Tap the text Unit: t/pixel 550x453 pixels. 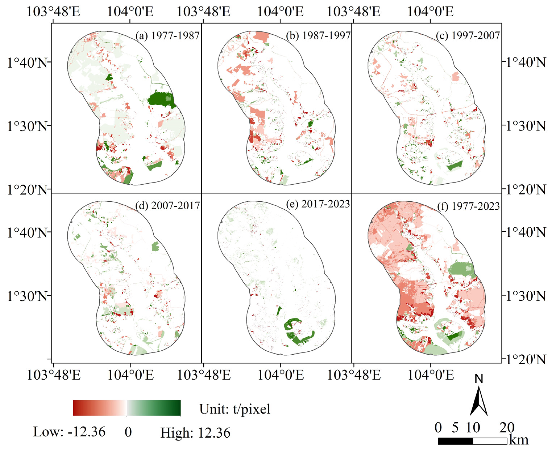coord(235,409)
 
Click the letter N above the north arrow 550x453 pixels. coord(479,379)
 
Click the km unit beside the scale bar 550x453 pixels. coord(519,440)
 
